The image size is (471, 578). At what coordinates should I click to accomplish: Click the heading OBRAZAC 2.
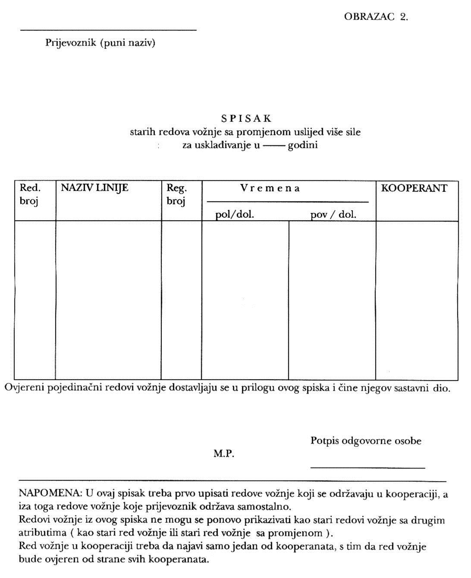click(x=376, y=17)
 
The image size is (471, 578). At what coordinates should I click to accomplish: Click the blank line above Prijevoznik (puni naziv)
click(x=108, y=30)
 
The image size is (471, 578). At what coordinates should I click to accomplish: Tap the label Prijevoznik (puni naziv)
click(x=100, y=43)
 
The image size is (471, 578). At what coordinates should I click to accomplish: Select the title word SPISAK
click(x=246, y=118)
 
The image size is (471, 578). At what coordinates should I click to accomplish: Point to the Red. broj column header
click(x=30, y=194)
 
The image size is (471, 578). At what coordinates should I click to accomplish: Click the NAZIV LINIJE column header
click(x=94, y=188)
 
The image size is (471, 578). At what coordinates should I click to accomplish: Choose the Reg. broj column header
click(x=176, y=194)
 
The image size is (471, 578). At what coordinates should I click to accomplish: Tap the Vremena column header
click(x=270, y=188)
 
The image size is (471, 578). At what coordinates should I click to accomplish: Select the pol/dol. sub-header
click(x=235, y=214)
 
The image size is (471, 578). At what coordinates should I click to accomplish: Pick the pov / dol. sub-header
click(x=333, y=214)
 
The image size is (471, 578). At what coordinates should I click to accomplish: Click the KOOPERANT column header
click(x=414, y=188)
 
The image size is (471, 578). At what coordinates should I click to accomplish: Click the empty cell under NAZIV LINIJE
click(x=108, y=300)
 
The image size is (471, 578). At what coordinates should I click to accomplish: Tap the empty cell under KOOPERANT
click(x=417, y=300)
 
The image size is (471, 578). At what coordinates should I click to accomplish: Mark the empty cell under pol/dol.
click(x=245, y=300)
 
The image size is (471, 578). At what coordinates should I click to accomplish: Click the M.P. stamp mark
click(x=224, y=454)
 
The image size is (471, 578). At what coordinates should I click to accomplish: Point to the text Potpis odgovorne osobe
click(x=366, y=441)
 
